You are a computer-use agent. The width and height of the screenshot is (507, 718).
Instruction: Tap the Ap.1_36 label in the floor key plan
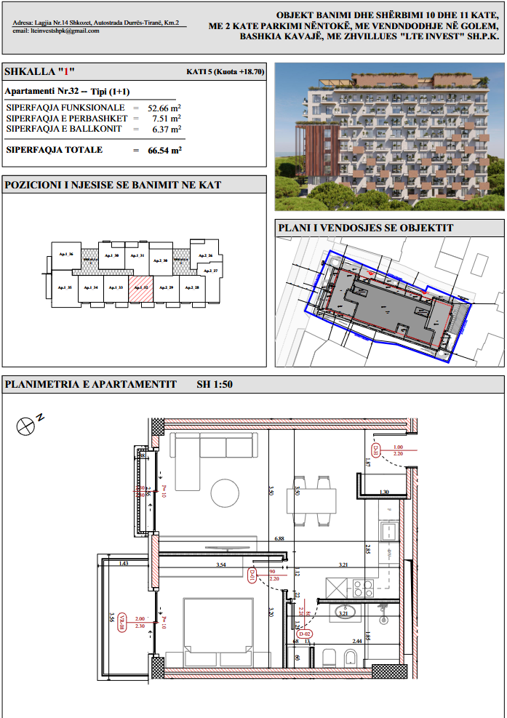65,254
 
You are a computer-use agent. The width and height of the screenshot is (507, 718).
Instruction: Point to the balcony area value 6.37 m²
164,129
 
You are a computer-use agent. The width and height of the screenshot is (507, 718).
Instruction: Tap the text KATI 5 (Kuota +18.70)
225,73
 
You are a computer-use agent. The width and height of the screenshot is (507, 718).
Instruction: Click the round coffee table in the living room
225,494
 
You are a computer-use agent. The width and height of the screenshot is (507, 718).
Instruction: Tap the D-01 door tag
252,577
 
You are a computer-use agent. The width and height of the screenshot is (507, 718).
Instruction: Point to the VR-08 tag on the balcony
123,620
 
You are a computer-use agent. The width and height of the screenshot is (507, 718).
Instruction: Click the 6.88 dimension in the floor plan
279,539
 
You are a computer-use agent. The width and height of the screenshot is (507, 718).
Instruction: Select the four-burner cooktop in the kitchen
363,586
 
